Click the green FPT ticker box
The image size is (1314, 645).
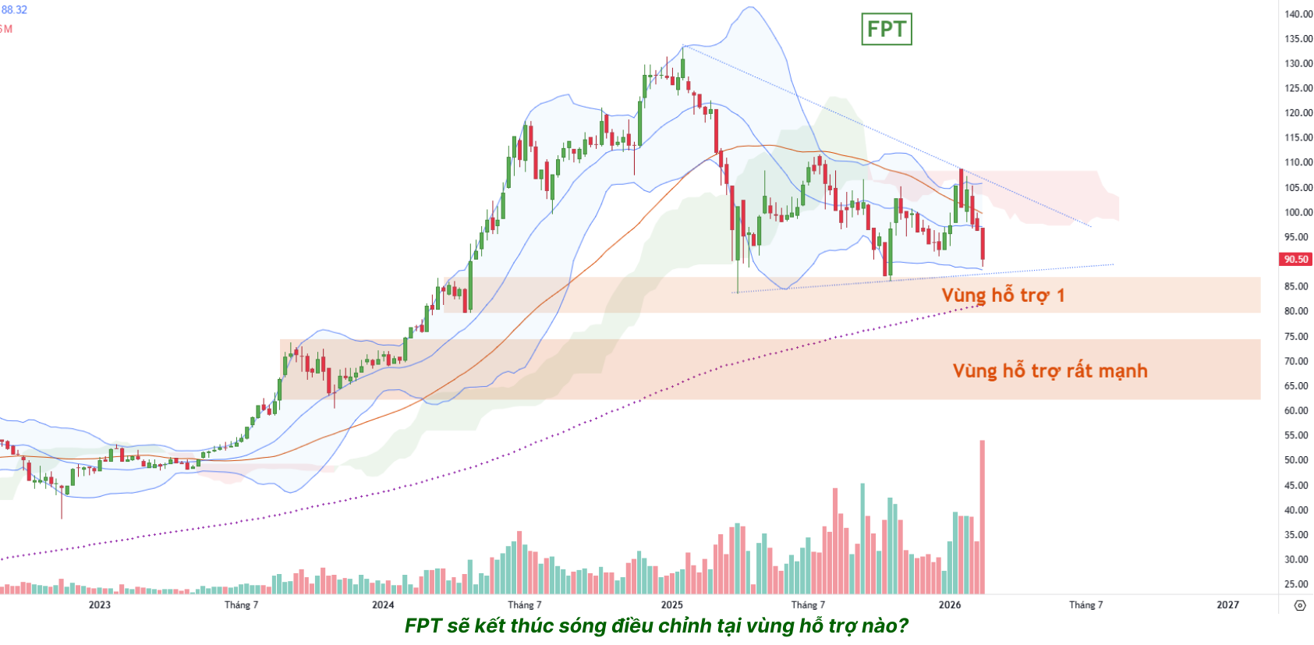(886, 30)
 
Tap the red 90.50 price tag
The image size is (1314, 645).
(1296, 259)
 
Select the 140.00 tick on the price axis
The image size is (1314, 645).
(1298, 14)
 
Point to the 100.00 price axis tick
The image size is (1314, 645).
(1298, 212)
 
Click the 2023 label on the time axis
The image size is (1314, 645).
(100, 604)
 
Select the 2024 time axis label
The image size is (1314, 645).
(383, 604)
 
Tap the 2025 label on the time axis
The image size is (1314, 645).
(671, 604)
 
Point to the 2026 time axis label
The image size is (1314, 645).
(950, 604)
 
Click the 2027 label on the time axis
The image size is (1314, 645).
(1227, 604)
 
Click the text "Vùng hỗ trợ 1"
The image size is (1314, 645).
(1003, 296)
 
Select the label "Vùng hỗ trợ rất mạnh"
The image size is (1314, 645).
(1050, 370)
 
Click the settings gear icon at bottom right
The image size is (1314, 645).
(1299, 605)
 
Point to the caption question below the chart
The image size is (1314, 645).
(656, 626)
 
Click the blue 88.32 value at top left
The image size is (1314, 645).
(14, 10)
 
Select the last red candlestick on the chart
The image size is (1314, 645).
(983, 245)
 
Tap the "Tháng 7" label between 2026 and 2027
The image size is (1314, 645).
(1086, 604)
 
